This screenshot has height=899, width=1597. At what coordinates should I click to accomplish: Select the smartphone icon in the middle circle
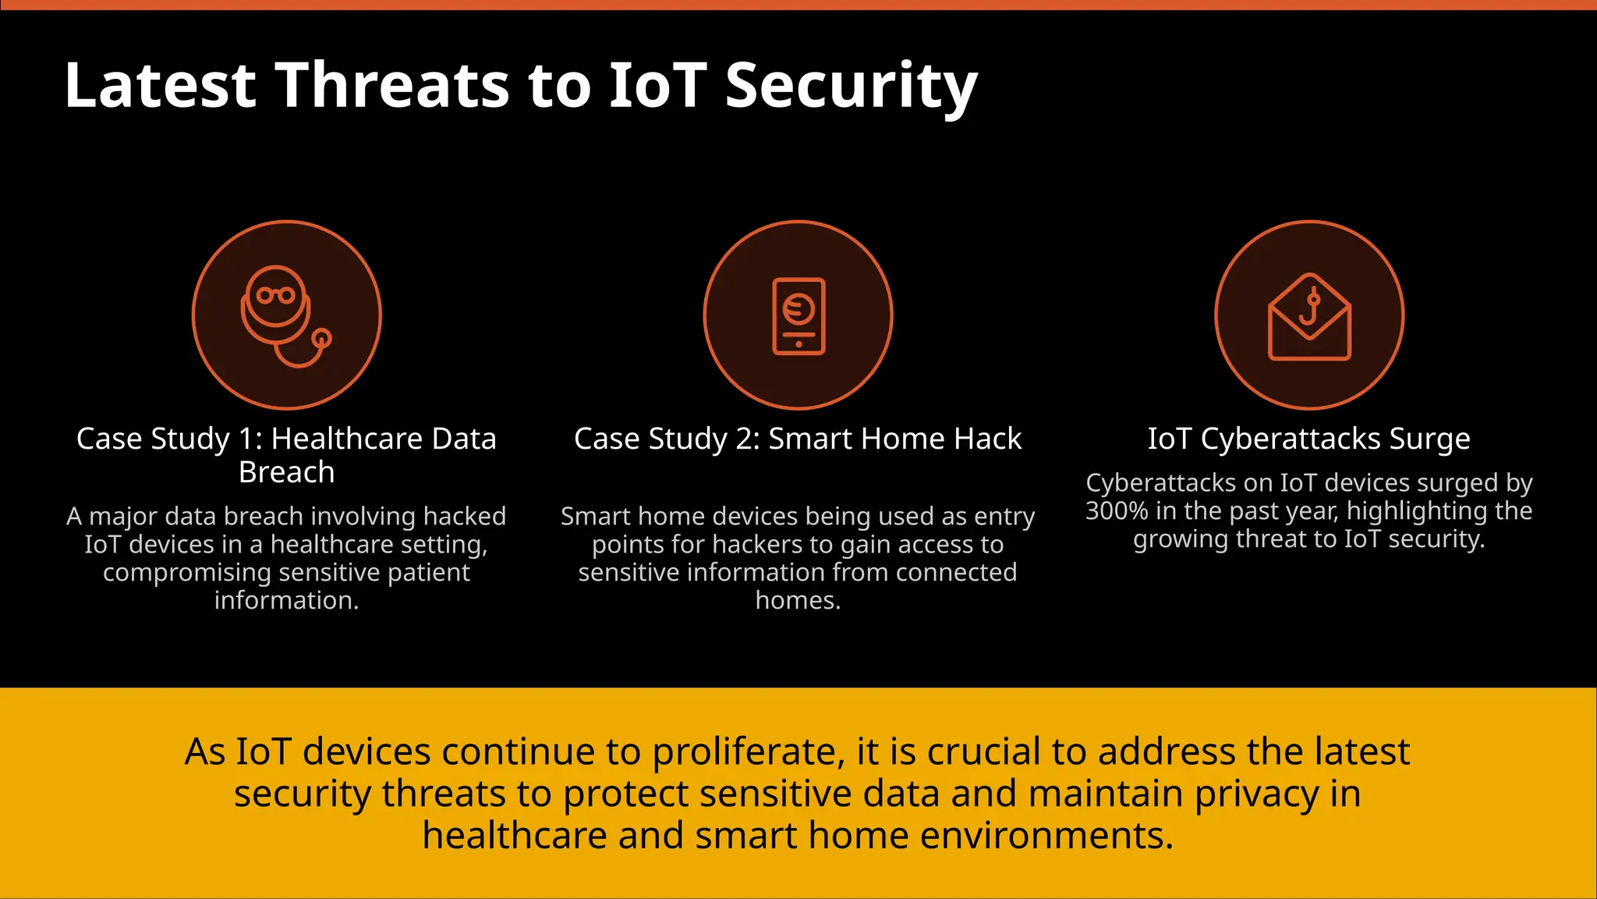(x=798, y=315)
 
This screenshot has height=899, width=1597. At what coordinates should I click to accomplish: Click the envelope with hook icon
(x=1309, y=316)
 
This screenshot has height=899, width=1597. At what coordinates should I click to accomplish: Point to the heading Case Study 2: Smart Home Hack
(x=798, y=439)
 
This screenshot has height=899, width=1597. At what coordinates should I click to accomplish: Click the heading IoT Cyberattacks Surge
(x=1308, y=439)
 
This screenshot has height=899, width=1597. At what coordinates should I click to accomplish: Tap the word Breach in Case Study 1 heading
(x=286, y=472)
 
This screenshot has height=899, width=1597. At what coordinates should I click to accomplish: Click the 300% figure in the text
(x=1116, y=511)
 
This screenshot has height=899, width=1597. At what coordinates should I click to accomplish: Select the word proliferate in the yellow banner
(x=748, y=752)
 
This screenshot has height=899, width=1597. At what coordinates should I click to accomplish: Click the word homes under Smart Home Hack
(x=797, y=600)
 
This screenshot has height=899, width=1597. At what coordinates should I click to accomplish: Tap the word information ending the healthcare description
(x=285, y=600)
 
